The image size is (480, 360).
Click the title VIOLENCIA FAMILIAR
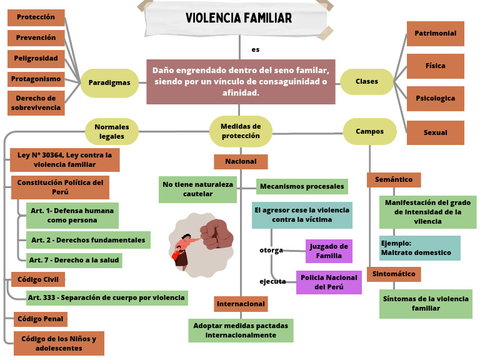238,19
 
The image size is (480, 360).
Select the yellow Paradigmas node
109,82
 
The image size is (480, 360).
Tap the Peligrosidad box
36,59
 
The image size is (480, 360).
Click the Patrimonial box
435,34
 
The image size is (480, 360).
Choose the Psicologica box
435,99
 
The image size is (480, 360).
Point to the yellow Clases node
367,82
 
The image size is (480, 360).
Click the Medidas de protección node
241,131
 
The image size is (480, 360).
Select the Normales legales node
112,131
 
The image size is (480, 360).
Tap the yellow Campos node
369,132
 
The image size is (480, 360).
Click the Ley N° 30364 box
64,160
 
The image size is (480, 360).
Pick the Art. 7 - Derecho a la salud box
74,259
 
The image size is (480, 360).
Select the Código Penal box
41,319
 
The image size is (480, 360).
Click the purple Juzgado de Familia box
329,251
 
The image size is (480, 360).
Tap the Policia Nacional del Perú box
329,282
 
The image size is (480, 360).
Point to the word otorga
271,251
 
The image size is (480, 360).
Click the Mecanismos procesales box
302,186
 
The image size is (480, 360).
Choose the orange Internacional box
241,304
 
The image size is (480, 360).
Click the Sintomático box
394,274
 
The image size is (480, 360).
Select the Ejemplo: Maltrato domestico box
419,248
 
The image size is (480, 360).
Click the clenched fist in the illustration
216,232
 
